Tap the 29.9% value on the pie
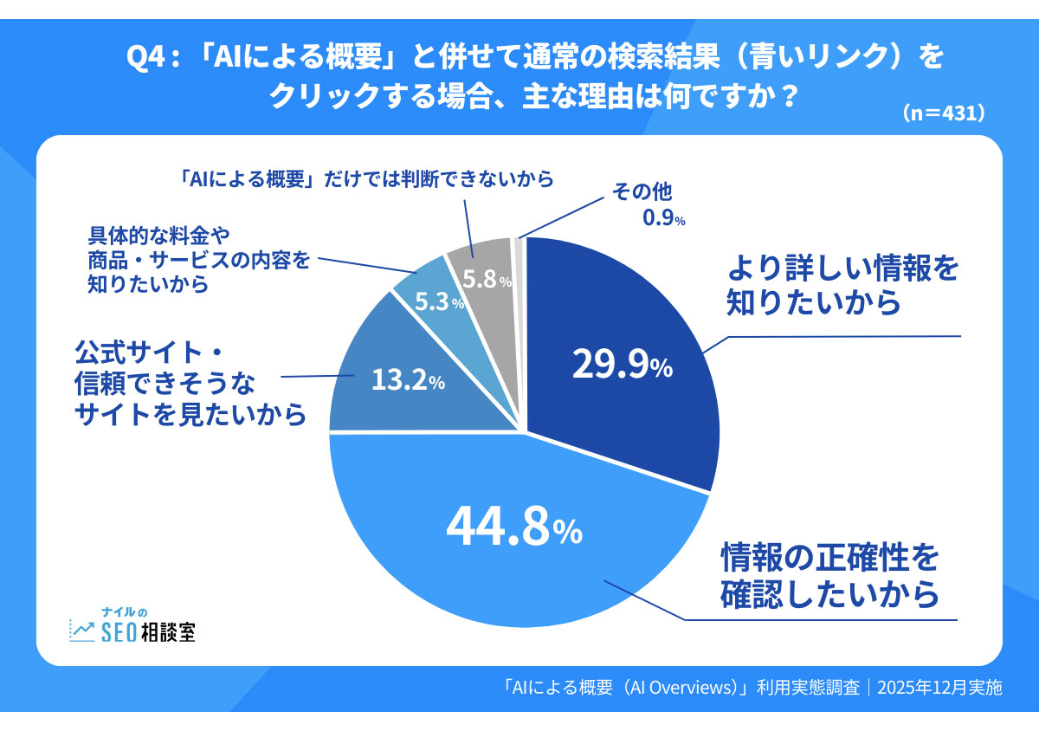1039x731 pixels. pos(622,365)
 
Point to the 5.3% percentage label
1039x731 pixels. pos(437,302)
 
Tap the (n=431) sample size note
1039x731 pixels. pos(944,113)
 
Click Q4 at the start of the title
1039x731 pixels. pos(145,57)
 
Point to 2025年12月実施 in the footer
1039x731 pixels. pos(939,688)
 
